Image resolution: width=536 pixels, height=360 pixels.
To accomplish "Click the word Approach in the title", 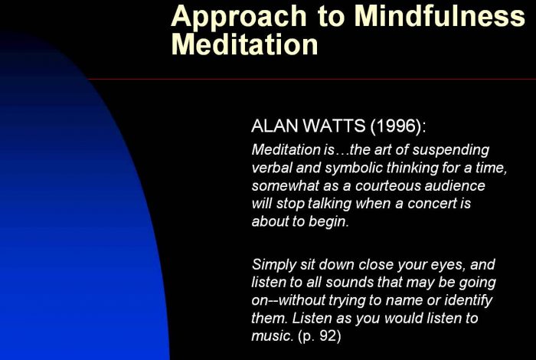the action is click(239, 17).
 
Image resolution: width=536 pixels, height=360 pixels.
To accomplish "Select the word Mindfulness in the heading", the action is click(440, 15).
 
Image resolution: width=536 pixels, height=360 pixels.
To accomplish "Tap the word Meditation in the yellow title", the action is click(244, 44).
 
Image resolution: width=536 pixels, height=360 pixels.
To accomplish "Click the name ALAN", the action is click(274, 126).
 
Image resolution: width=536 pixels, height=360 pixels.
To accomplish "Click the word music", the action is click(273, 336).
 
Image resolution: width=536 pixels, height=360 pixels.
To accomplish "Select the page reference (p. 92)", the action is click(319, 336).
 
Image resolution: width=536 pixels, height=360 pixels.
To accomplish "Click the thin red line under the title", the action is click(312, 80).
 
